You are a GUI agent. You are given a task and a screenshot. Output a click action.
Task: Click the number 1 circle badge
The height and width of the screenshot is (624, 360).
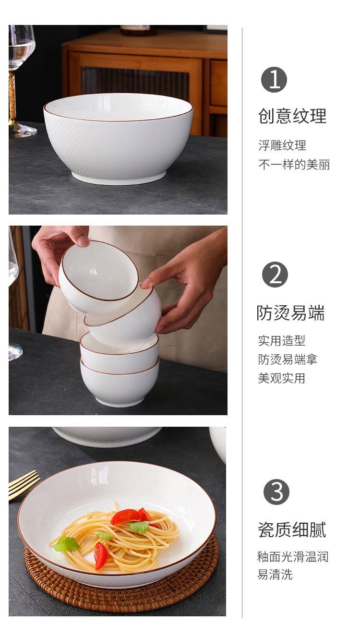274,80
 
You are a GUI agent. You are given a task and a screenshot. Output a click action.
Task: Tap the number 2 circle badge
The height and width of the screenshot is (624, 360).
275,275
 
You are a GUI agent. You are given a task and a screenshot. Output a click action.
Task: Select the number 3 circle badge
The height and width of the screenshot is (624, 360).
276,492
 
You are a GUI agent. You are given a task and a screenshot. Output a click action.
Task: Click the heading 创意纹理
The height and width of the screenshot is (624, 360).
292,116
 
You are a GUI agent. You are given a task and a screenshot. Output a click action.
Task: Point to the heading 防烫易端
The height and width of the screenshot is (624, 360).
290,313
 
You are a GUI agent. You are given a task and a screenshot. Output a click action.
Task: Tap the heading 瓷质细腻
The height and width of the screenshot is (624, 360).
292,529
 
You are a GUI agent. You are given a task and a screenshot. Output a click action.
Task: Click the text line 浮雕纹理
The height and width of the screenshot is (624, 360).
282,145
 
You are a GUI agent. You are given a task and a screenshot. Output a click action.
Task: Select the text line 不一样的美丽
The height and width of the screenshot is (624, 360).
294,165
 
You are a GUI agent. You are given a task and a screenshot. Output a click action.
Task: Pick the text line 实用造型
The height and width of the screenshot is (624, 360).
281,340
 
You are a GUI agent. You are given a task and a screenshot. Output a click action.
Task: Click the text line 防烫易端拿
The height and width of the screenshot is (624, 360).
288,360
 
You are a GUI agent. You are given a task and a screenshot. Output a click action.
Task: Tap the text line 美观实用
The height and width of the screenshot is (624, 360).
281,378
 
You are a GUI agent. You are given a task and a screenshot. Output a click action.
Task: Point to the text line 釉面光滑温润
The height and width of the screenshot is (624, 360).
293,557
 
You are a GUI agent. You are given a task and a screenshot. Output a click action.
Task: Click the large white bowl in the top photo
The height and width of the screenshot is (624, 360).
119,138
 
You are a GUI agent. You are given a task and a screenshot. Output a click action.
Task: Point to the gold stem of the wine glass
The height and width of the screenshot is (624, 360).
12,100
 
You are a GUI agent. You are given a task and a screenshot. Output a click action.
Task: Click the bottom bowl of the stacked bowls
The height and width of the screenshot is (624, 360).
119,382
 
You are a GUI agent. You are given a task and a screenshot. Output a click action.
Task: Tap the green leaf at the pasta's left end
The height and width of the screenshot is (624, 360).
66,544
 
